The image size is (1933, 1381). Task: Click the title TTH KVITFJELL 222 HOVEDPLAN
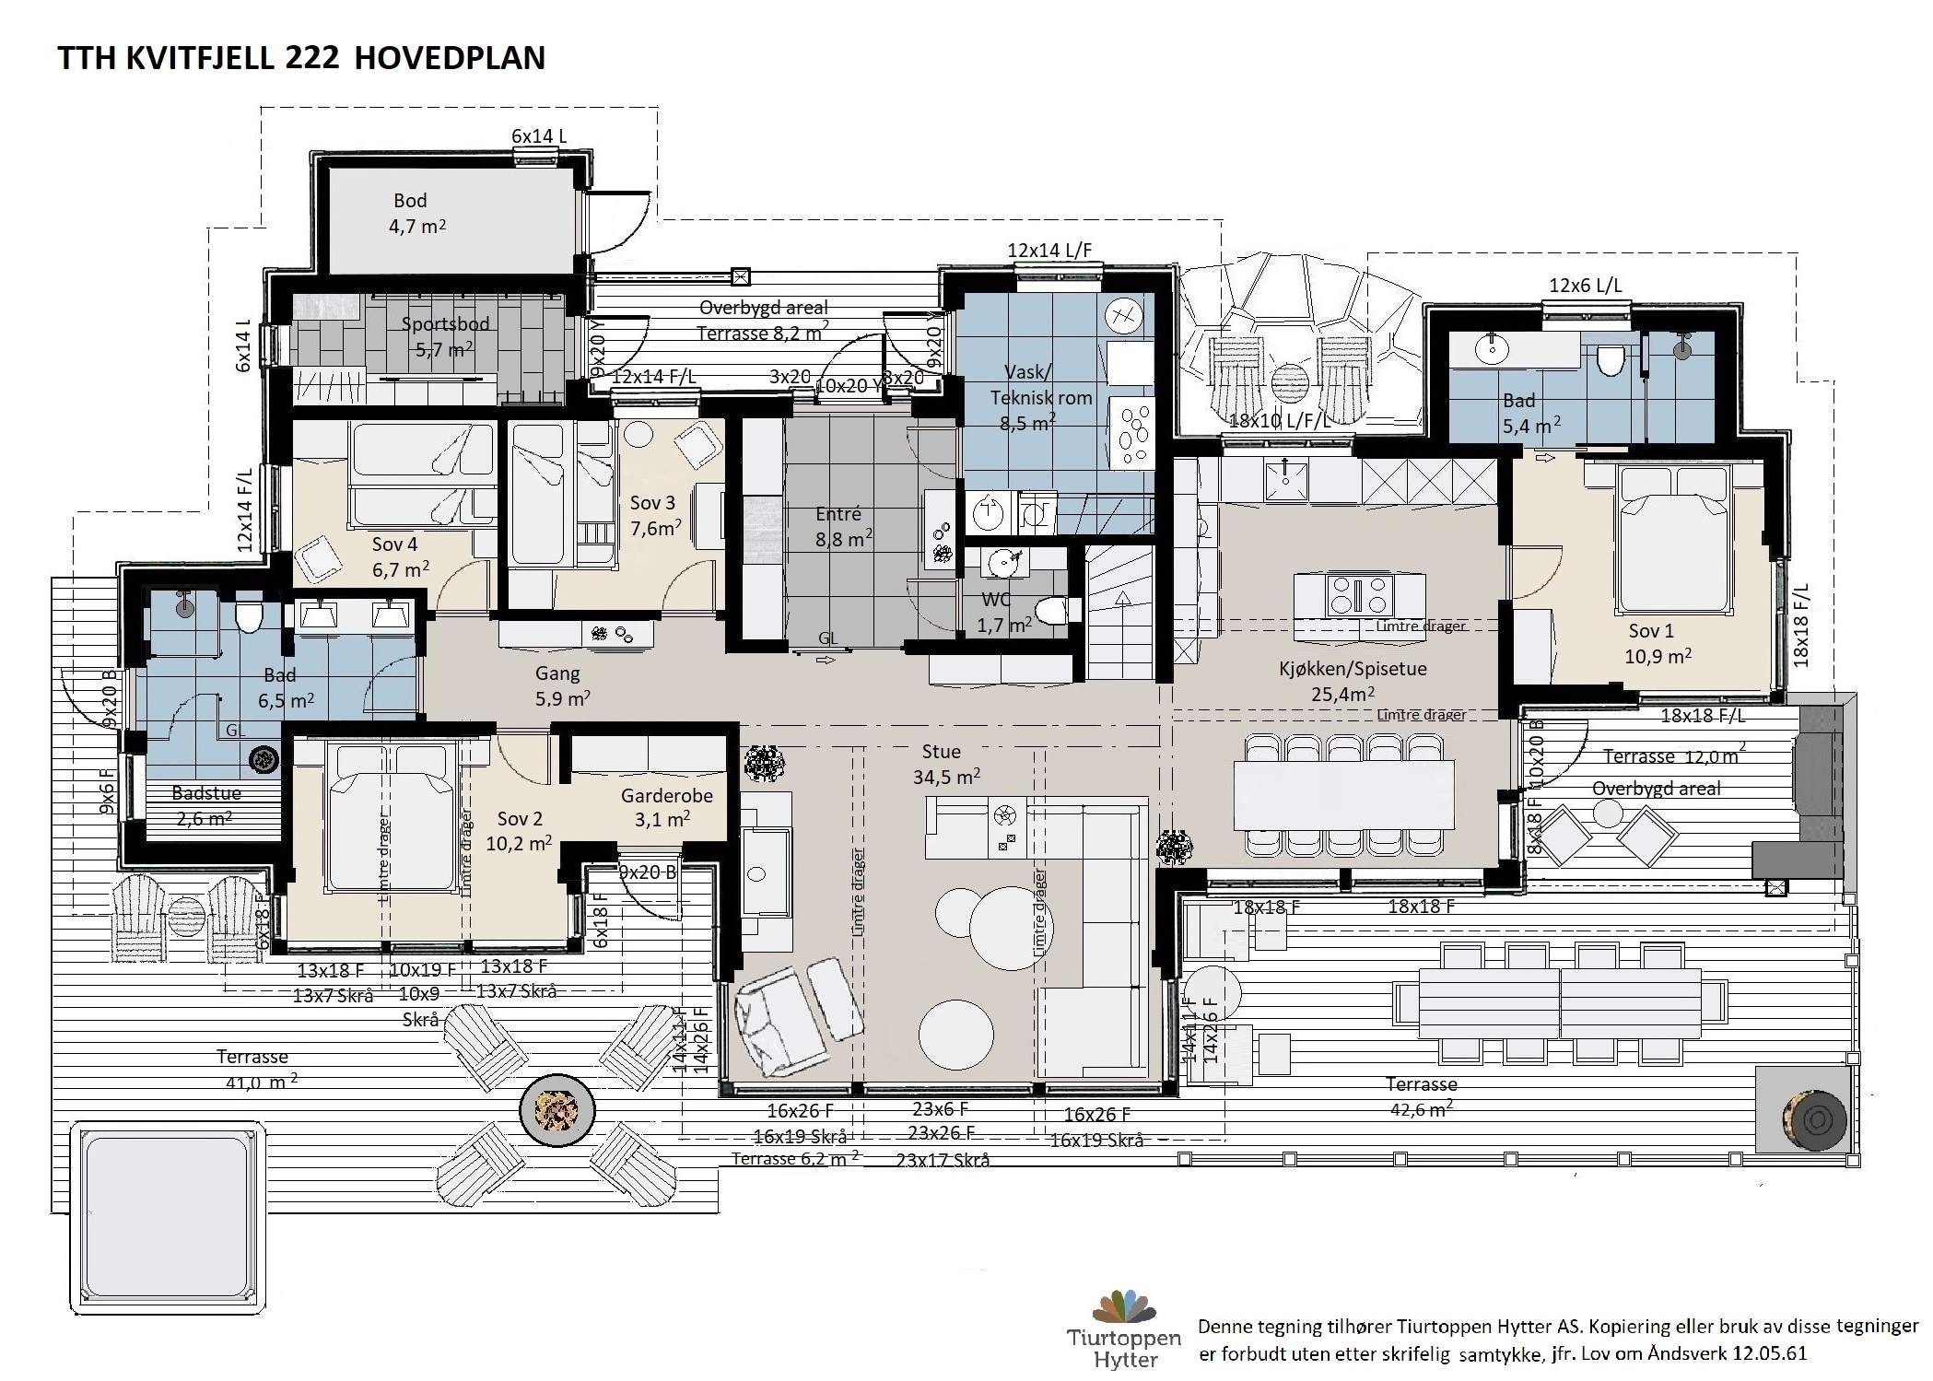tap(301, 58)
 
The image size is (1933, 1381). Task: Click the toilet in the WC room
tap(1053, 611)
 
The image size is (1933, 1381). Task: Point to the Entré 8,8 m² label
tap(839, 527)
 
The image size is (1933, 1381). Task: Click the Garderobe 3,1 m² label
tap(666, 808)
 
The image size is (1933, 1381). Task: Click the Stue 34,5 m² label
tap(944, 765)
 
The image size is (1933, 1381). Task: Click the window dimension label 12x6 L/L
tap(1585, 286)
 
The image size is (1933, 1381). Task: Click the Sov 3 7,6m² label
tap(654, 515)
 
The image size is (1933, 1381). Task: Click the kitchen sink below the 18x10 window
tap(1285, 476)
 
